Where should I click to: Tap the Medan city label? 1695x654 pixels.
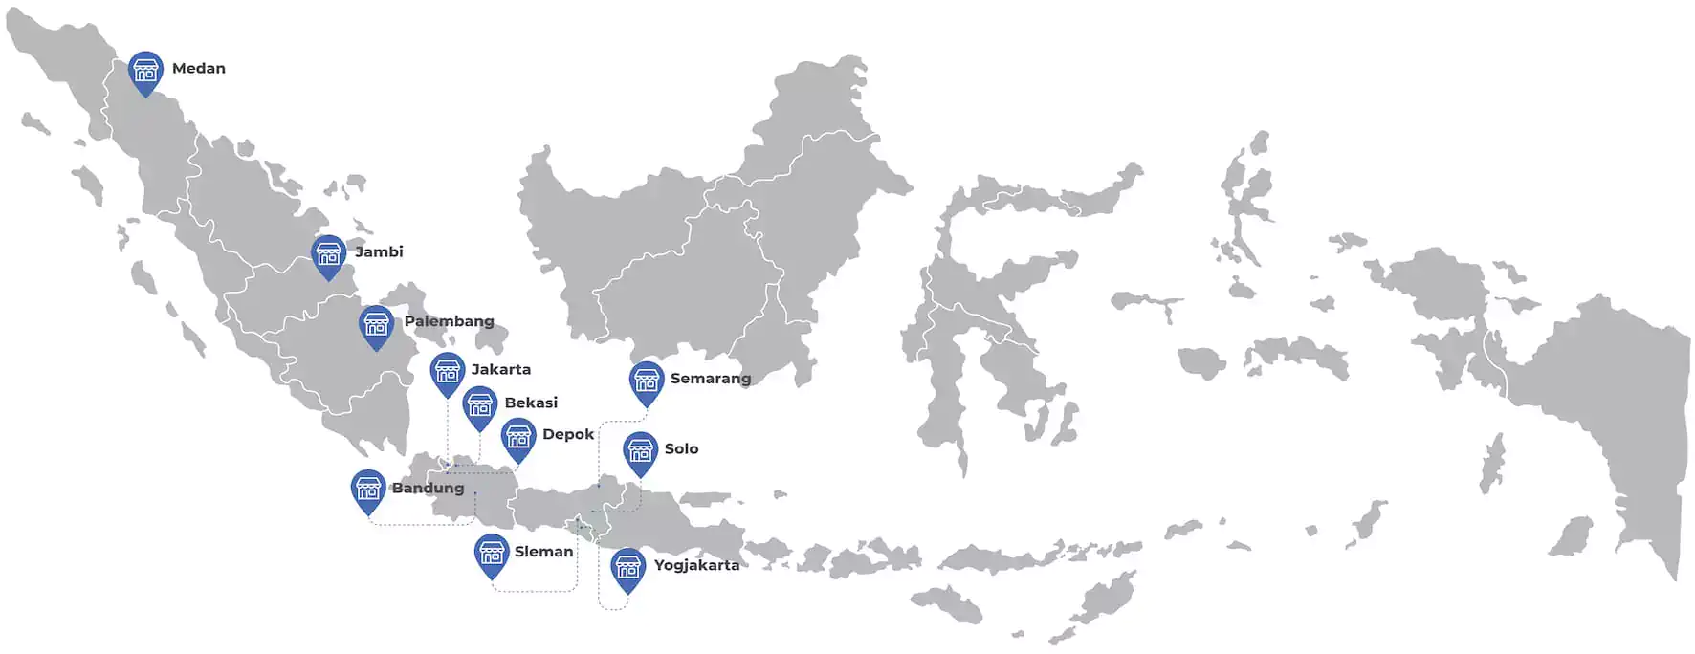[x=199, y=69]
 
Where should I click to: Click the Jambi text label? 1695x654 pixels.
[x=379, y=252]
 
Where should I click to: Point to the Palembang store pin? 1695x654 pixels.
[x=376, y=326]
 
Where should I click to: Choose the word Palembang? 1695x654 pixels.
[x=449, y=321]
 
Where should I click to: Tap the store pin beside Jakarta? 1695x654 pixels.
[x=448, y=373]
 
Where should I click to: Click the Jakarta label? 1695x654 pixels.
[x=500, y=369]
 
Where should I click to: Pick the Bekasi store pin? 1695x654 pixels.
[x=479, y=406]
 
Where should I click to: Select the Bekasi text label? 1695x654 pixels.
[x=531, y=403]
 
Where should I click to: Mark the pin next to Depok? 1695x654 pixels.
[x=518, y=438]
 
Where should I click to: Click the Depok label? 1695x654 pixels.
[x=568, y=434]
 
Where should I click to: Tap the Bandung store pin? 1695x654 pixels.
[x=368, y=490]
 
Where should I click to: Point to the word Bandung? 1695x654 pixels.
[x=428, y=488]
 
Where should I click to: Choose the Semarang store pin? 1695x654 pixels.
[x=647, y=381]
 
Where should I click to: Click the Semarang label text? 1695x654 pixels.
[x=711, y=379]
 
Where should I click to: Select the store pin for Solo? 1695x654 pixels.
[x=640, y=452]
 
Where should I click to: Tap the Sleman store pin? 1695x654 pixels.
[x=492, y=554]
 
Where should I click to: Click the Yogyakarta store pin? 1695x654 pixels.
[x=627, y=569]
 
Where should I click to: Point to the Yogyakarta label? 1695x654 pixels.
[x=696, y=565]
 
